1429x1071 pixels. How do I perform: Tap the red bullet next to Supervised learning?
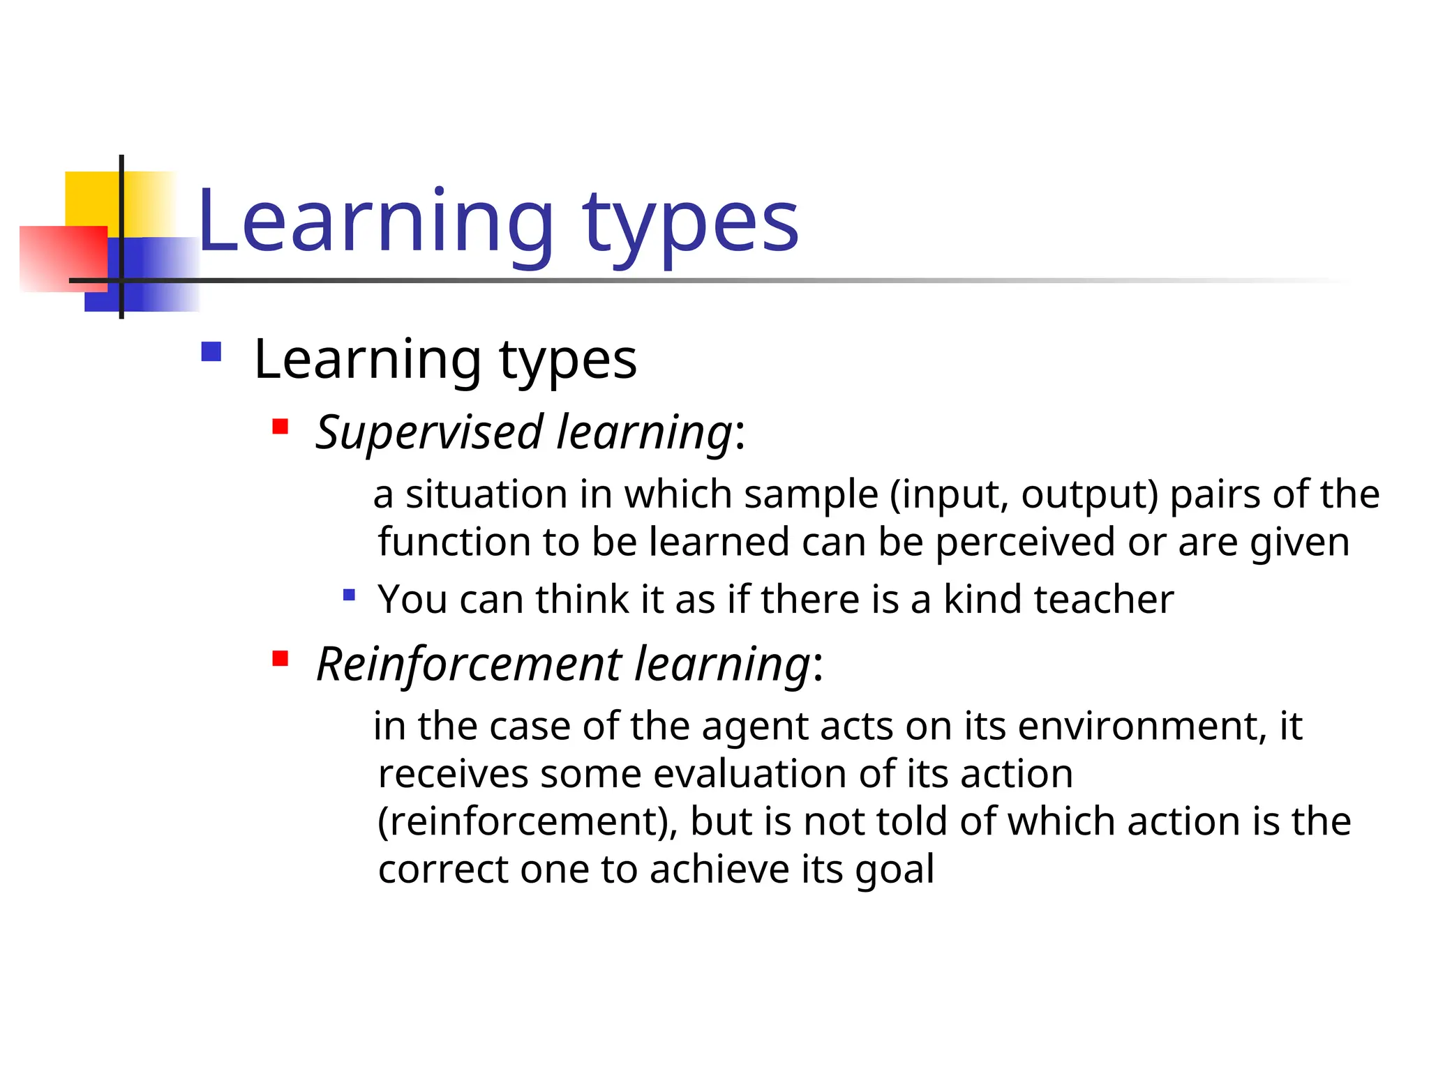280,426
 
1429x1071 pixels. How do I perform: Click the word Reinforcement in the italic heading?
468,664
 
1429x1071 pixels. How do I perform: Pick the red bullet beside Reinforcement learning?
280,658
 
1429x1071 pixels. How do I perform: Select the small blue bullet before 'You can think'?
350,595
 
